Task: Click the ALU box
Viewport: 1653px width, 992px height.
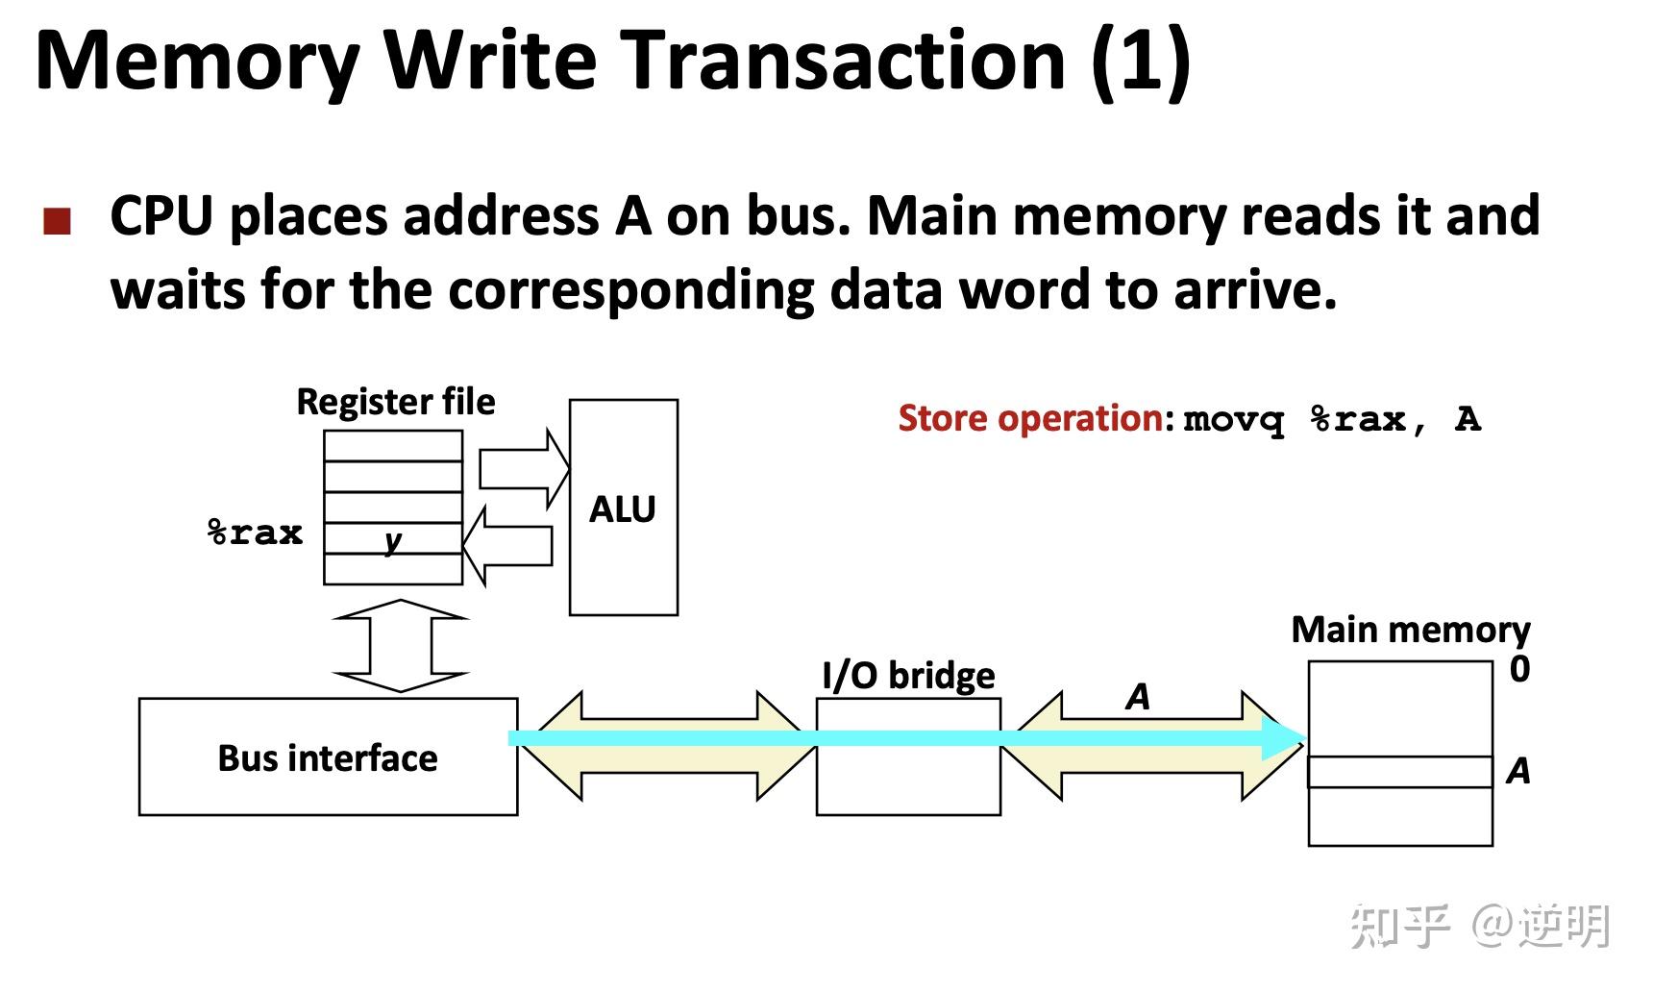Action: tap(623, 508)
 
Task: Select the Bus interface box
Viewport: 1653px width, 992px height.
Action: tap(328, 757)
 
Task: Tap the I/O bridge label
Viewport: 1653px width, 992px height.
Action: tap(908, 676)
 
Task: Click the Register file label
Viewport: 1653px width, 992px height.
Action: tap(395, 402)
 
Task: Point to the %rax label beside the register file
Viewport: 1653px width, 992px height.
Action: tap(256, 533)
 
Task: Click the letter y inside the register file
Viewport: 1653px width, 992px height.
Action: tap(392, 540)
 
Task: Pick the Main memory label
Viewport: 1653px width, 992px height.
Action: tap(1410, 630)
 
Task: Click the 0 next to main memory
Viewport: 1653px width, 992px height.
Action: tap(1518, 669)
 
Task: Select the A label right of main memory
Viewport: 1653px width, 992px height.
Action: tap(1517, 771)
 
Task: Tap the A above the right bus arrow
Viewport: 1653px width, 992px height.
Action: tap(1138, 697)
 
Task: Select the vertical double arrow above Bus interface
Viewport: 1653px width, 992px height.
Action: tap(400, 646)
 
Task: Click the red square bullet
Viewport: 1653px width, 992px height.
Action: tap(58, 222)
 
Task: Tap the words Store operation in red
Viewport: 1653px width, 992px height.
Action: tap(1030, 419)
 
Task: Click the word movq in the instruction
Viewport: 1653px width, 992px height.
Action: tap(1233, 420)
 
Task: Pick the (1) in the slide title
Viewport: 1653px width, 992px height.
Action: tap(1141, 60)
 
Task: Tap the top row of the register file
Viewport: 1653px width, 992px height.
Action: tap(393, 446)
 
